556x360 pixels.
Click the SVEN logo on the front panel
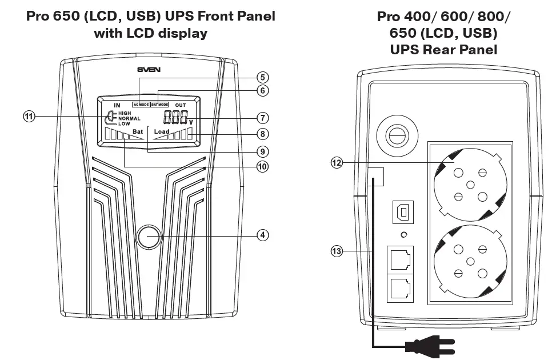pos(148,70)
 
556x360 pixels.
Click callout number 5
pos(262,77)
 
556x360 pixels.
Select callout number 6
pos(262,90)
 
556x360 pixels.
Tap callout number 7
pos(262,118)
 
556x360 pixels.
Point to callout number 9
pos(262,151)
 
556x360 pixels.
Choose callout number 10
pos(262,167)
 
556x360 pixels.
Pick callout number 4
pos(262,235)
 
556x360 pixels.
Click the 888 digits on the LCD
pos(175,118)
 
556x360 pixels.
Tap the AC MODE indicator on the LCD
pos(141,105)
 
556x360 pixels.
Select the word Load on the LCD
pos(162,132)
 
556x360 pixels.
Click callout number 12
pos(337,163)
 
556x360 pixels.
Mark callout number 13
pos(337,250)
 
